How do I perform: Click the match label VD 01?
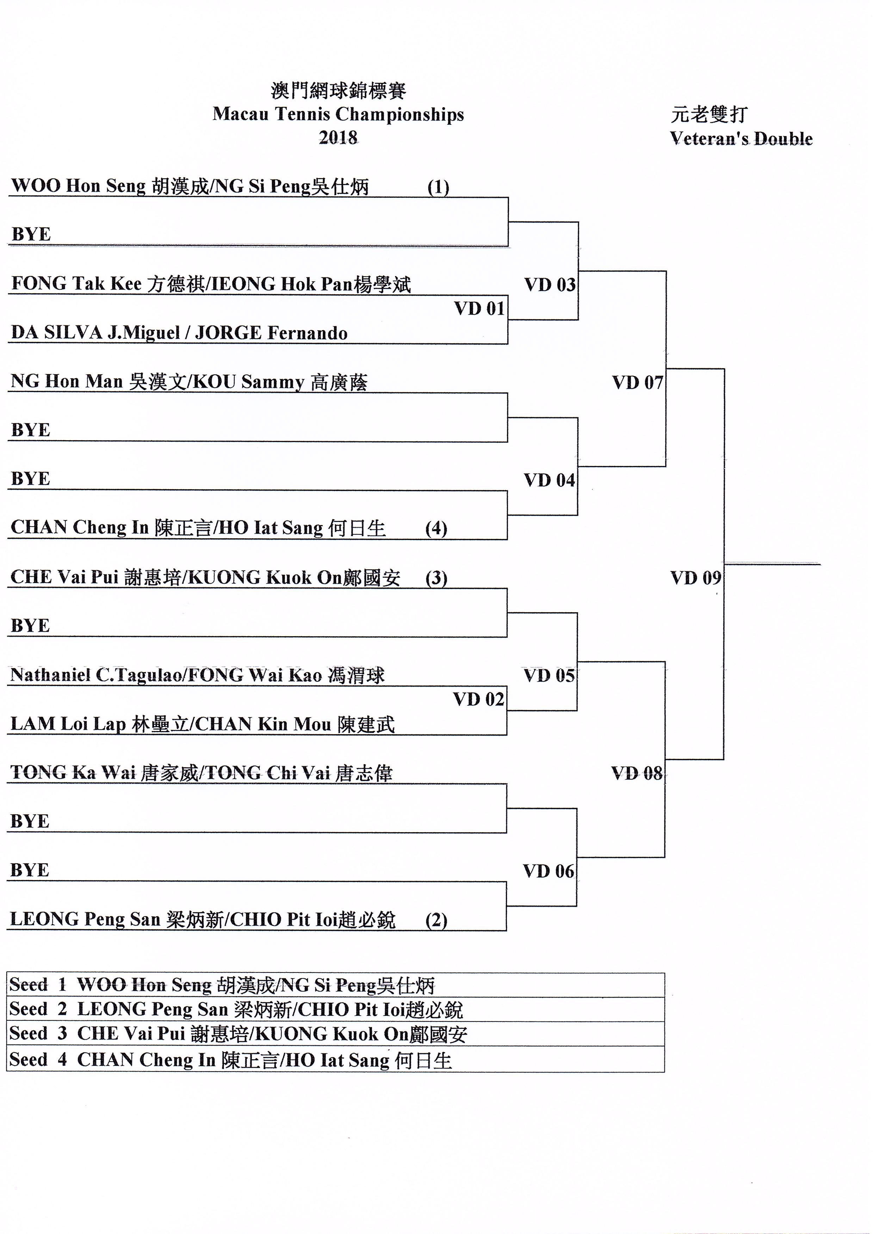(x=479, y=309)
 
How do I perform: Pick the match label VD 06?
(x=548, y=871)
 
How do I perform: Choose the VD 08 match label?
(x=637, y=773)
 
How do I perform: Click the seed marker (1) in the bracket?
(x=438, y=187)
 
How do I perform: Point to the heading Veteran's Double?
(x=741, y=139)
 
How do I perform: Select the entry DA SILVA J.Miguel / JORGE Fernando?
(x=179, y=333)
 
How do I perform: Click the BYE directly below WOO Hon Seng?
(x=31, y=234)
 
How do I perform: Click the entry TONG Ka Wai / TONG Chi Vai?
(x=201, y=773)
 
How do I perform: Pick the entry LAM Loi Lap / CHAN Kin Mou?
(x=202, y=724)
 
